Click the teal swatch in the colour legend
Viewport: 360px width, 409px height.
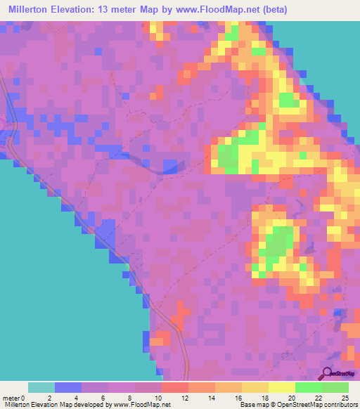pyautogui.click(x=41, y=387)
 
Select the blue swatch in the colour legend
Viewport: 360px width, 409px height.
pyautogui.click(x=68, y=387)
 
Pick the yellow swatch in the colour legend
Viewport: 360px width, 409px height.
pyautogui.click(x=282, y=387)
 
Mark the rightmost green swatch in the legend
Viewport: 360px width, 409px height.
pyautogui.click(x=335, y=387)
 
